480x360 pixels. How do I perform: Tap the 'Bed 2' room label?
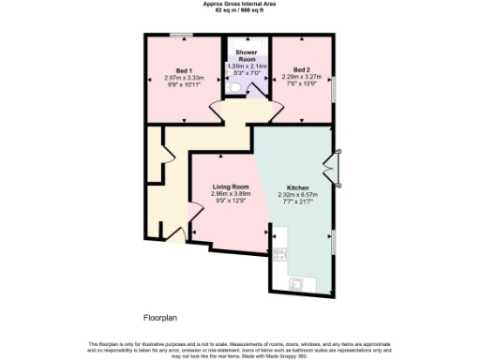[300, 69]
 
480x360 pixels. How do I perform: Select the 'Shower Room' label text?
[247, 55]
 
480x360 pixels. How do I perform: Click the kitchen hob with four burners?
[279, 253]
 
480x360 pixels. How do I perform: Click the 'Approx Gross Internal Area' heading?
[239, 4]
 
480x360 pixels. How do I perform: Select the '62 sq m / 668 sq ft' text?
[239, 10]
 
